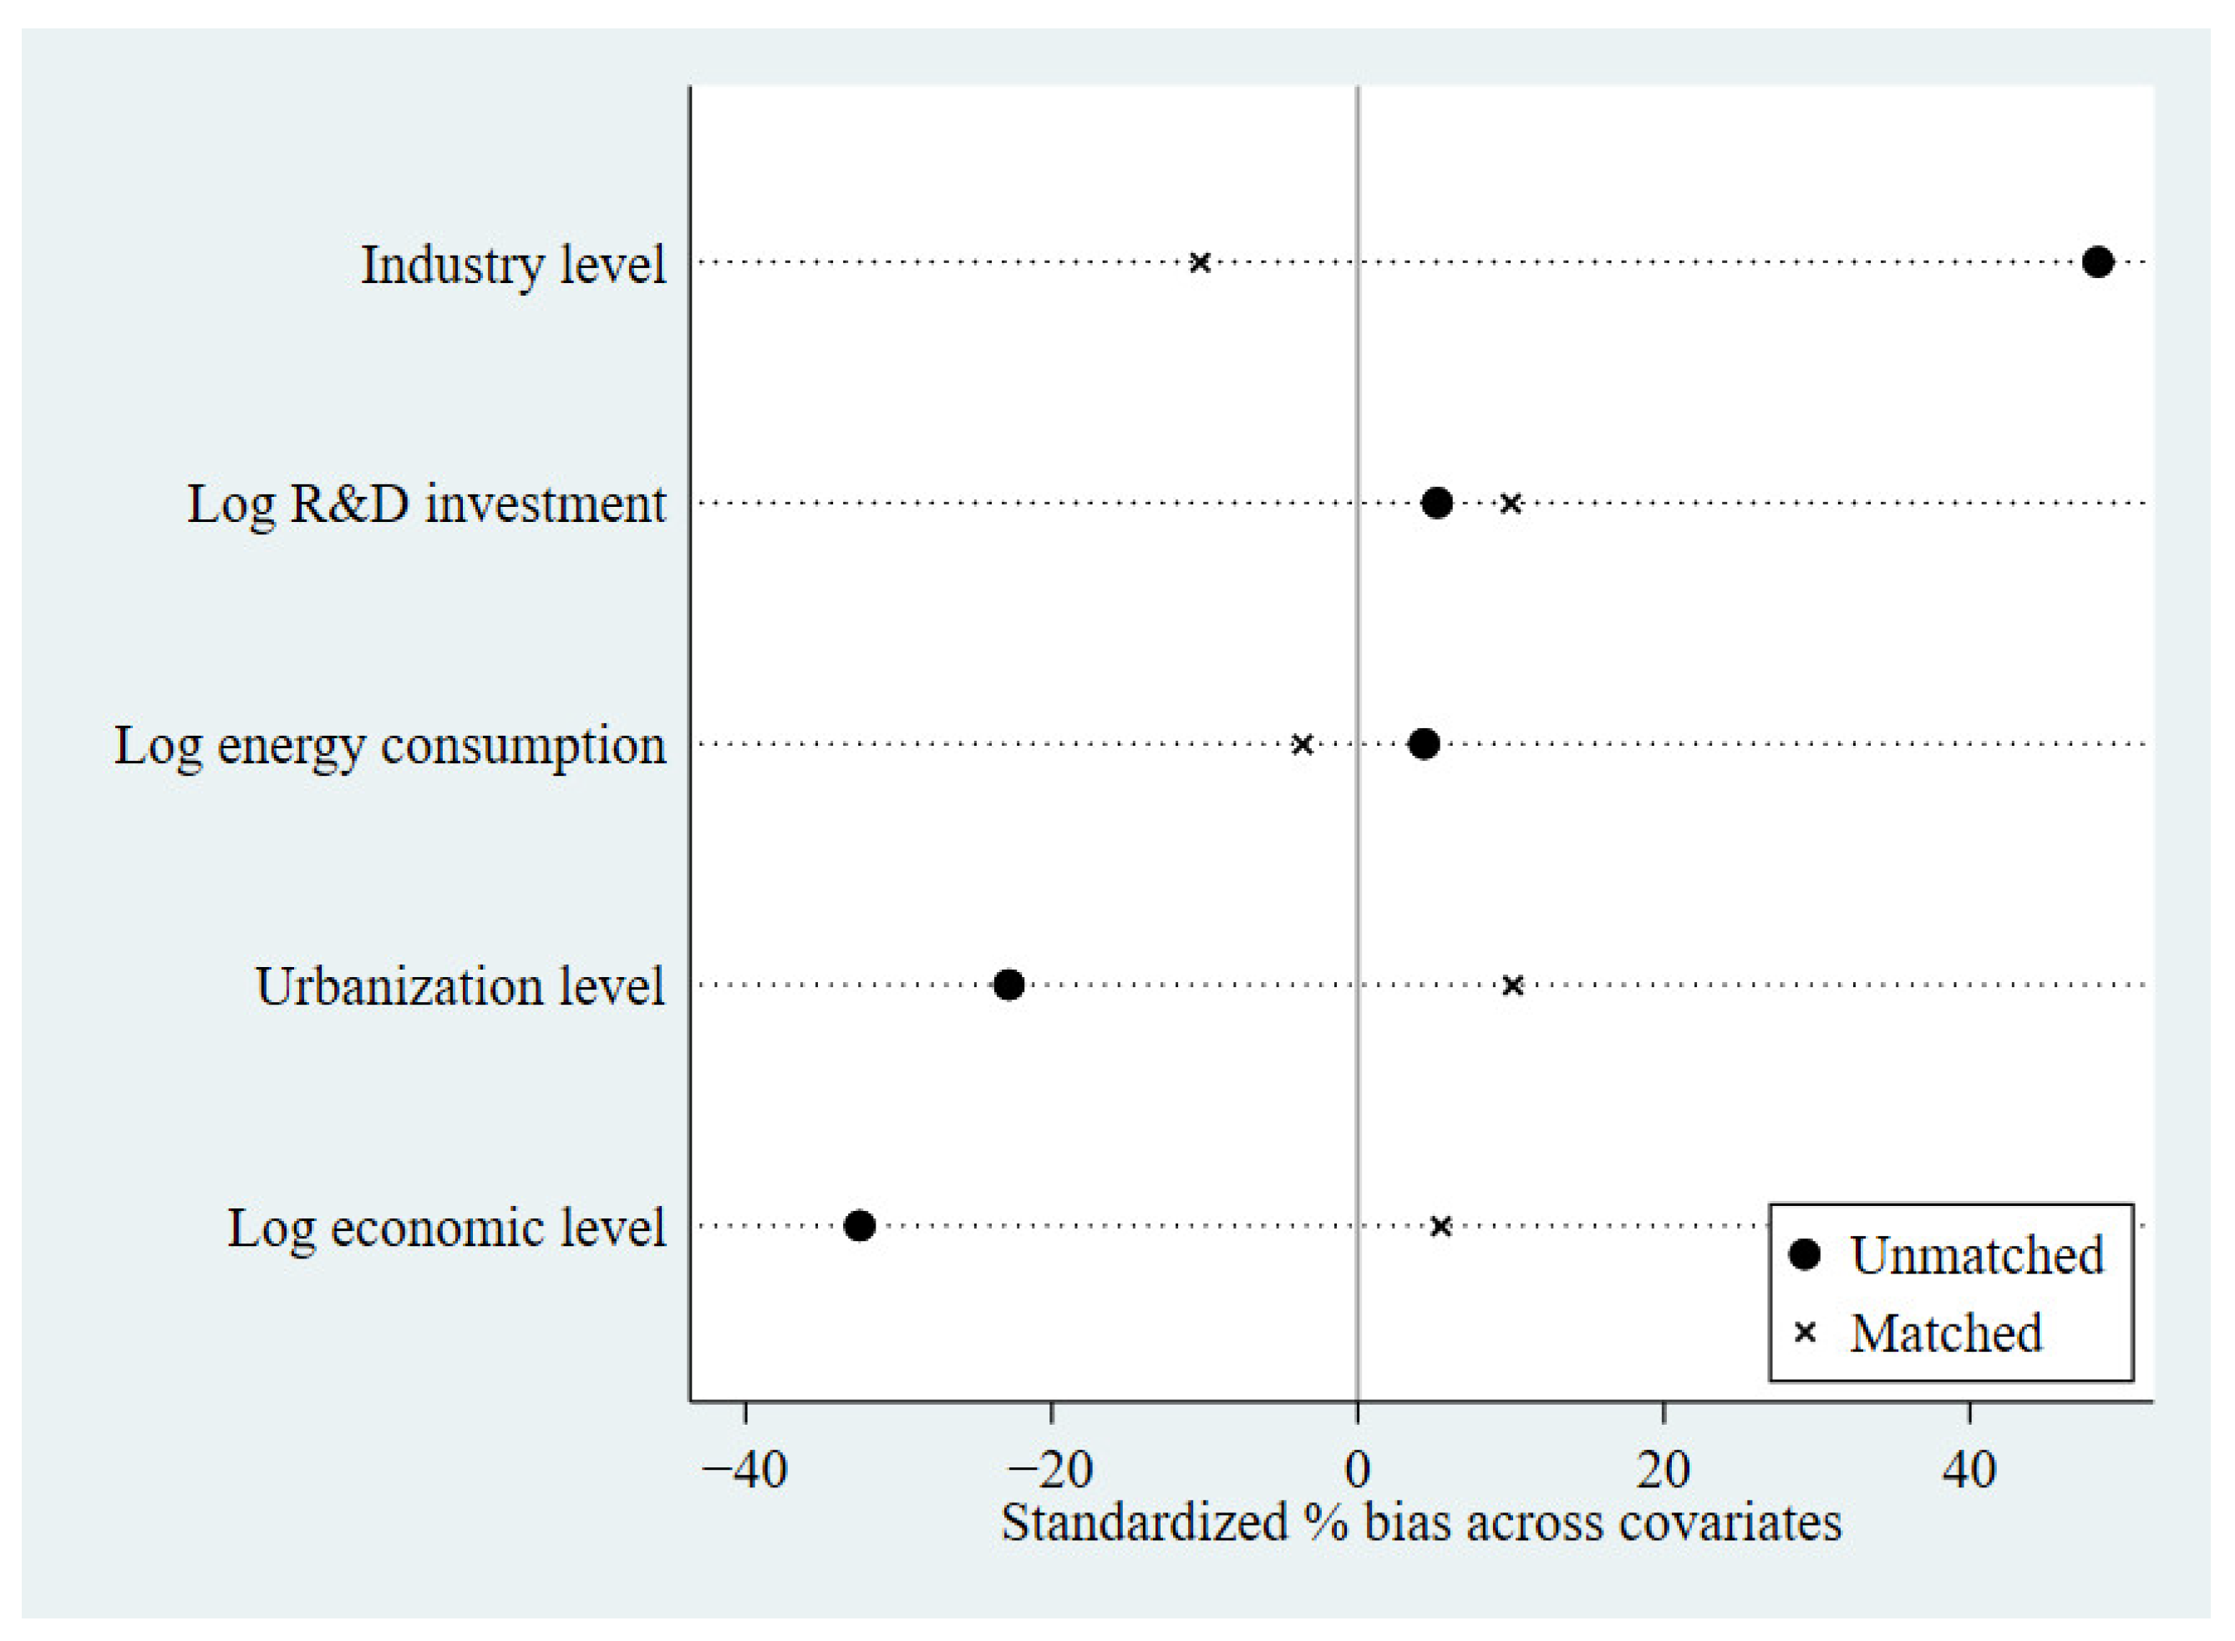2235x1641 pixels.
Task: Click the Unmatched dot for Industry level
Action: (x=2097, y=262)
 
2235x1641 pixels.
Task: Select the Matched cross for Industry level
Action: (x=1200, y=262)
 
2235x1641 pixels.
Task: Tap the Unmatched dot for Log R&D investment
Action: (x=1437, y=503)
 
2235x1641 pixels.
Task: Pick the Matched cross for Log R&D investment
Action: (x=1510, y=504)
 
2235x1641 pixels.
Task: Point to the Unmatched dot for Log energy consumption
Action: (x=1424, y=743)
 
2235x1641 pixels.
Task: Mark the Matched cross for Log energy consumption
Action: (x=1302, y=744)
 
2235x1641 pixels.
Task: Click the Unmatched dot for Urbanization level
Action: (x=1008, y=985)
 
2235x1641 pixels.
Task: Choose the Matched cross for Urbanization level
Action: (x=1512, y=985)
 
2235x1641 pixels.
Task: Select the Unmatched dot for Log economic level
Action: (x=860, y=1225)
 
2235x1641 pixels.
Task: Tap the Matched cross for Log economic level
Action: (x=1440, y=1226)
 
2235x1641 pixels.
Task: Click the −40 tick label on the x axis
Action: (x=744, y=1469)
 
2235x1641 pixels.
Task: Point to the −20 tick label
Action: (x=1050, y=1469)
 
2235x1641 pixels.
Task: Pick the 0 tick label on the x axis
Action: (x=1358, y=1469)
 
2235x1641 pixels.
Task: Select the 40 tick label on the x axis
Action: (x=1968, y=1469)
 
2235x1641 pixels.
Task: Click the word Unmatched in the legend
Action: (x=1977, y=1255)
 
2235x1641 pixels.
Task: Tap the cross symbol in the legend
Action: (x=1805, y=1333)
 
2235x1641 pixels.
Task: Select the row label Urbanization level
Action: (x=460, y=986)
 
